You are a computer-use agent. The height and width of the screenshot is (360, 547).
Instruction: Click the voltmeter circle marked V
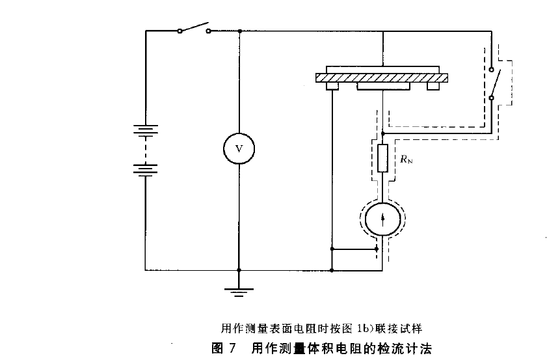(x=239, y=148)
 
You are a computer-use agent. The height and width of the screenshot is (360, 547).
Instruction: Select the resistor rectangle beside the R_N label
(x=382, y=157)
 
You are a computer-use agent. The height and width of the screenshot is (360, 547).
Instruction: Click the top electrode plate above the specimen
(x=382, y=69)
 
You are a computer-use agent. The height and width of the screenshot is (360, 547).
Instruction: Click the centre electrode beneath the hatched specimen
(x=382, y=87)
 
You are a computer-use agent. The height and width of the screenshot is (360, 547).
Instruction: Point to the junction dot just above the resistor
(x=382, y=132)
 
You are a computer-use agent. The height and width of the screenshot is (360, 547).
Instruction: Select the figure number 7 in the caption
(x=231, y=346)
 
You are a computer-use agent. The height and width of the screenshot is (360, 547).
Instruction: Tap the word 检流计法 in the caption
(x=406, y=346)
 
